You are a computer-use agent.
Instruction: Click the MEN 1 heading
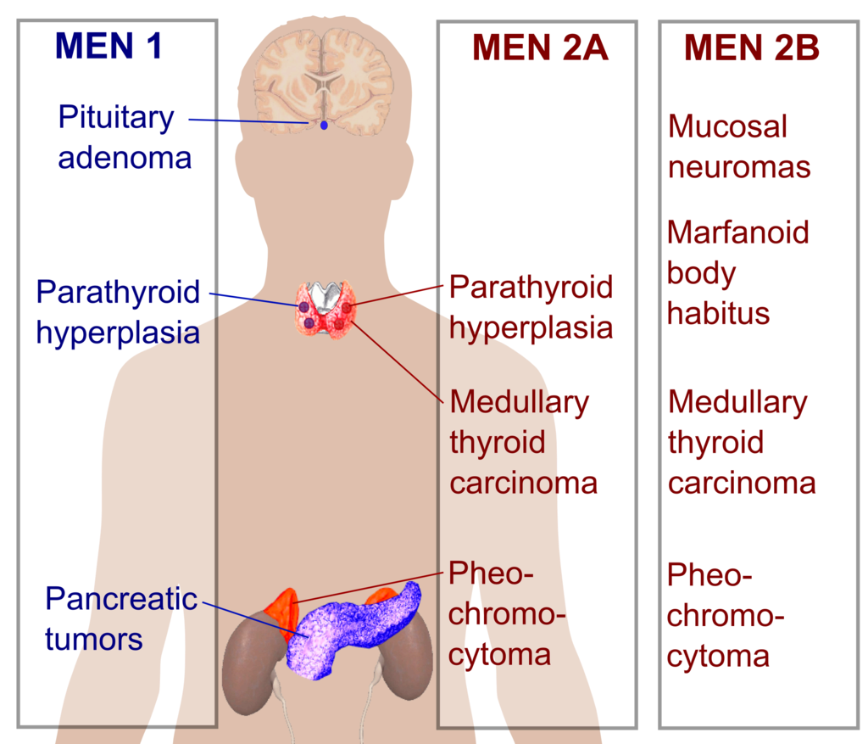(x=108, y=47)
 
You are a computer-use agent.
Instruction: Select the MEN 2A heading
(x=540, y=48)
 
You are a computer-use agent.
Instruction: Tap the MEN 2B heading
(x=752, y=48)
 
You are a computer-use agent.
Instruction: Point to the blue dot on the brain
(x=323, y=126)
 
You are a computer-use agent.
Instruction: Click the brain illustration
(x=323, y=76)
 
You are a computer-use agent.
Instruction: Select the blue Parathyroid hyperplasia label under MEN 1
(x=118, y=311)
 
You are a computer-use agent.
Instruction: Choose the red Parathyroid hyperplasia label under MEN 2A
(x=531, y=306)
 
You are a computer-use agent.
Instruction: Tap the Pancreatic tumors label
(x=120, y=618)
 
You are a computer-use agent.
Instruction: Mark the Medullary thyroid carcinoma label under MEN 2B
(x=741, y=442)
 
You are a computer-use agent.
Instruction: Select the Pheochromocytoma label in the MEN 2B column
(x=725, y=615)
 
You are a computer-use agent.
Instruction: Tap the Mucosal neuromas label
(x=738, y=146)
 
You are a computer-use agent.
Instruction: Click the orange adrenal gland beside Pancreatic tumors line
(x=281, y=607)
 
